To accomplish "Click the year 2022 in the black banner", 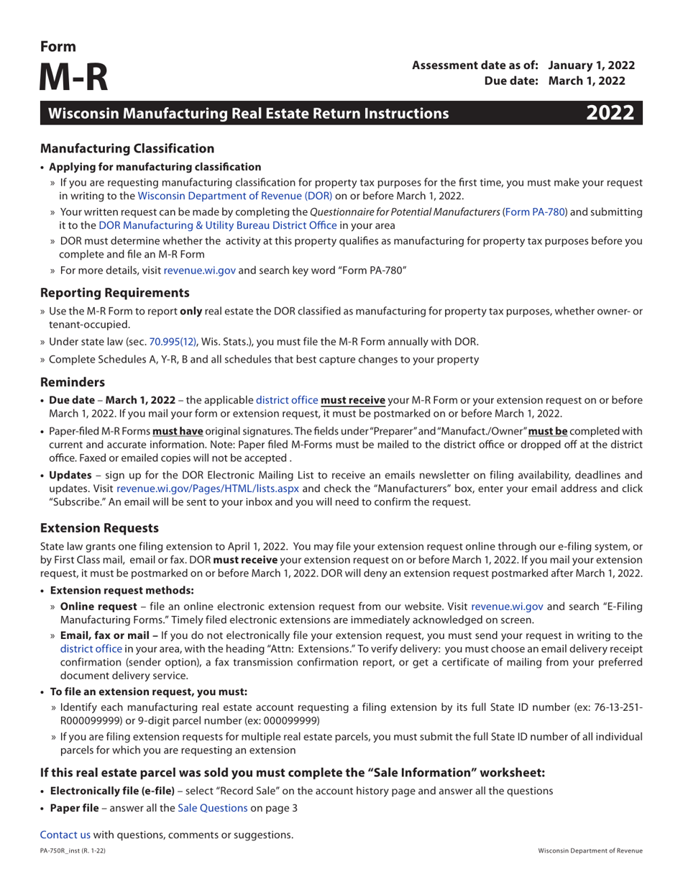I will point(610,113).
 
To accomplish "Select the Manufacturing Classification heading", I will point(127,149).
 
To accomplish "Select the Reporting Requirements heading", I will point(115,293).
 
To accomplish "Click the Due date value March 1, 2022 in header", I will point(592,81).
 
